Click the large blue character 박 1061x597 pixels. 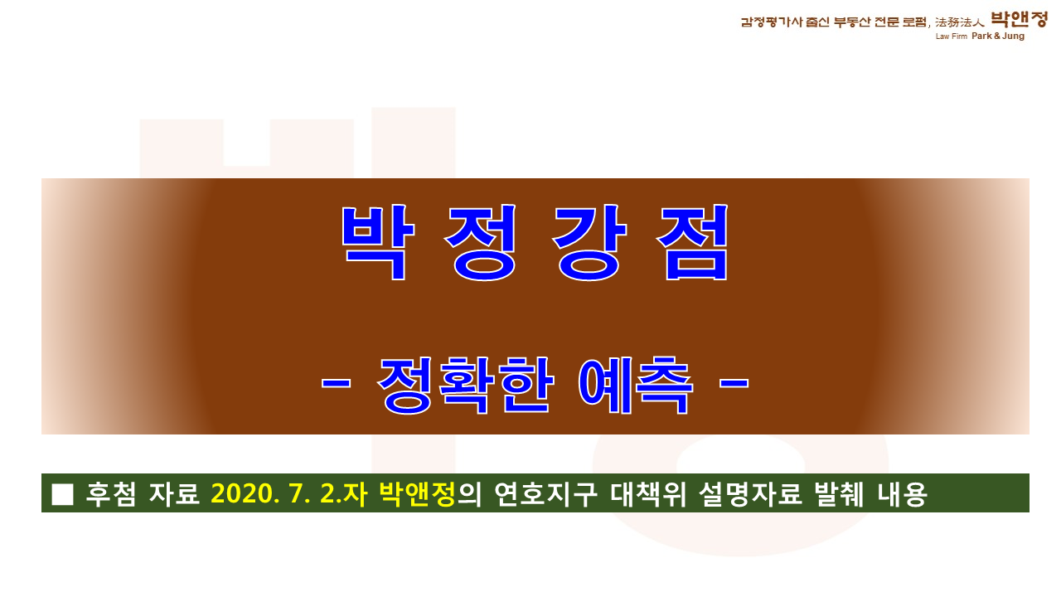click(378, 242)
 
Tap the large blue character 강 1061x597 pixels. click(589, 242)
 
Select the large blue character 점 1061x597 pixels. click(692, 242)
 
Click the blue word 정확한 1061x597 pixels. click(466, 385)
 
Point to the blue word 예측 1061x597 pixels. click(635, 385)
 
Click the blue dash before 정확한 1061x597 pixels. click(336, 383)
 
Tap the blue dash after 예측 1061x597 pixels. click(734, 383)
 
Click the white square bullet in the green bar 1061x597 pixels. click(62, 494)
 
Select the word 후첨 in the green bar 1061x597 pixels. click(111, 494)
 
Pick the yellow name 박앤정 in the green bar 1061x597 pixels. click(417, 494)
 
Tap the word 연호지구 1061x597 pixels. click(545, 494)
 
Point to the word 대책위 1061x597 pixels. click(648, 494)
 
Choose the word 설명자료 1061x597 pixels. click(750, 494)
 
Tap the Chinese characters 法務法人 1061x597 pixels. click(960, 22)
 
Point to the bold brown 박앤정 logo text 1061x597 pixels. click(1019, 19)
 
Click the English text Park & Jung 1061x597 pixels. click(998, 36)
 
